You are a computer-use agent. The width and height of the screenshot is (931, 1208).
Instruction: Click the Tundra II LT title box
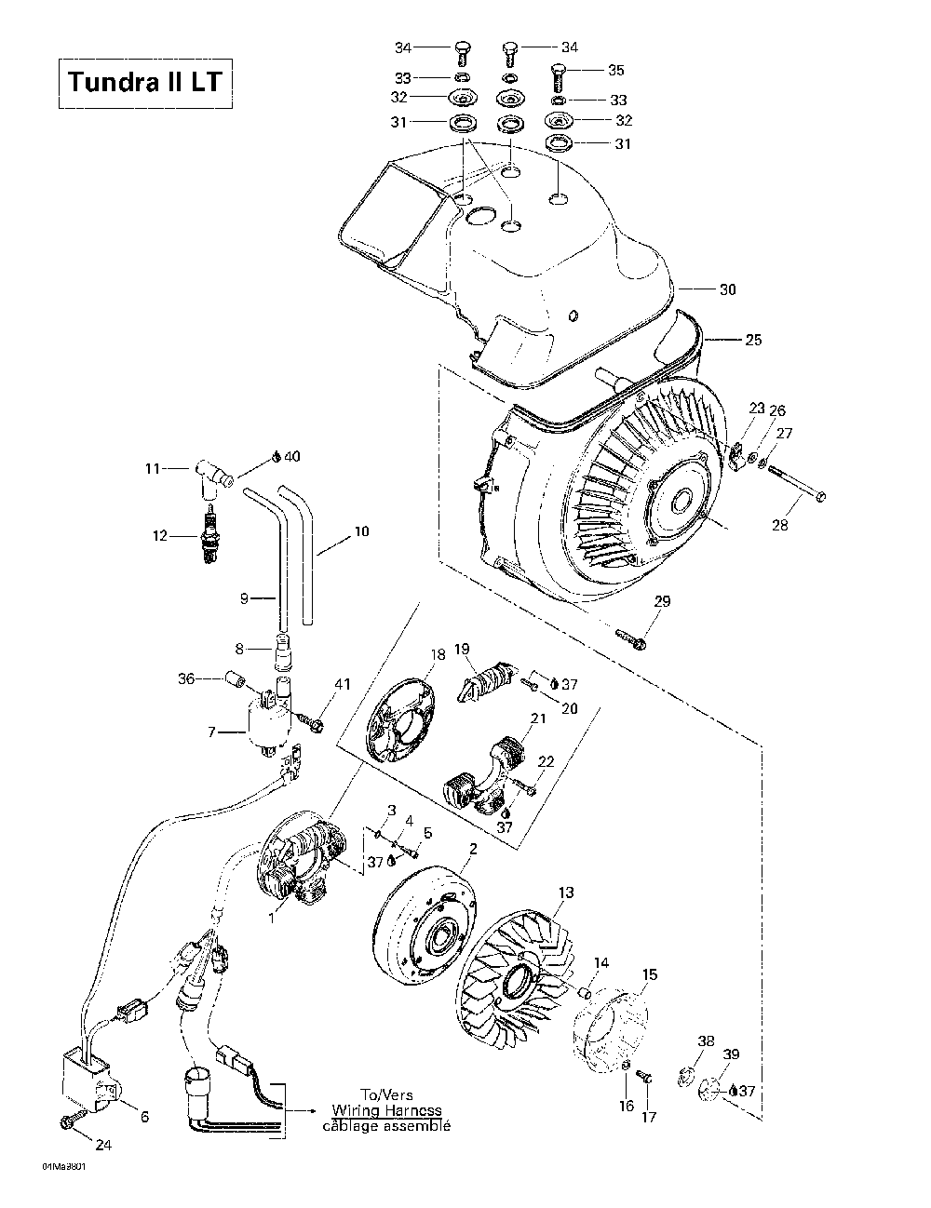[x=144, y=82]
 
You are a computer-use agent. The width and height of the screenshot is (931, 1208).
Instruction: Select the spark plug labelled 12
[x=211, y=536]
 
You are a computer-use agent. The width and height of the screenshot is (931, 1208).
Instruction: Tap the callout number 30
[x=728, y=289]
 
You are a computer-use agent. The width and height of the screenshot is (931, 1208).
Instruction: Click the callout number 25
[x=752, y=340]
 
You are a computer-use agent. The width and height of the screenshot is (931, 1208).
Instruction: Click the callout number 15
[x=649, y=974]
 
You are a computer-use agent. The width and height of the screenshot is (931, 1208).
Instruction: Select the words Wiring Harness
[x=386, y=1110]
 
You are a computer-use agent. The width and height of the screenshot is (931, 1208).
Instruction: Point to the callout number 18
[x=439, y=654]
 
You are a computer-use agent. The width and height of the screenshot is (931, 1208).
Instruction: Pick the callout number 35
[x=615, y=70]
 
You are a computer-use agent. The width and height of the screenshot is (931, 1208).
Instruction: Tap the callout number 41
[x=344, y=685]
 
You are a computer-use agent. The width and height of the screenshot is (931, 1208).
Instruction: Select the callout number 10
[x=361, y=531]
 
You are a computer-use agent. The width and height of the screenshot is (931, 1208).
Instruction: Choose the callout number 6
[x=144, y=1117]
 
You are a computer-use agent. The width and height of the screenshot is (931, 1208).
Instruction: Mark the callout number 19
[x=462, y=649]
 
